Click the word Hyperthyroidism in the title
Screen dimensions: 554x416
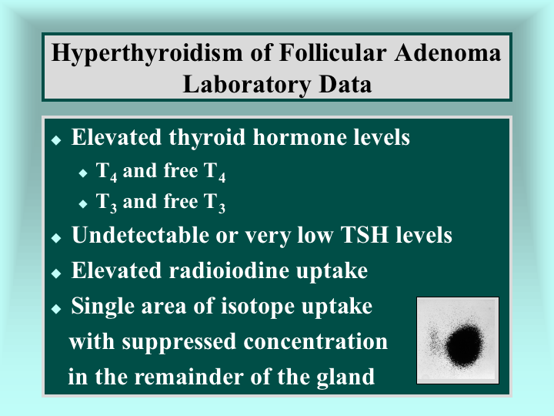click(147, 54)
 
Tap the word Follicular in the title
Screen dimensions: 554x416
click(332, 52)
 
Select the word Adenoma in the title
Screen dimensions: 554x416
click(448, 52)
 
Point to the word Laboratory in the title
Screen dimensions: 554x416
click(247, 86)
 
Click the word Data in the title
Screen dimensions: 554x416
click(345, 84)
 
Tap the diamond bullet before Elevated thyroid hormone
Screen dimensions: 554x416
click(56, 140)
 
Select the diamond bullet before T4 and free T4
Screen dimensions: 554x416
click(83, 173)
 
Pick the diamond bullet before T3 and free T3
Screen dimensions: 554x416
click(83, 203)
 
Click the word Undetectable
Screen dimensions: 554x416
click(141, 235)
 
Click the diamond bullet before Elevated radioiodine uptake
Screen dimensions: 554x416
click(56, 273)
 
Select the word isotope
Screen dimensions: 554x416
click(258, 307)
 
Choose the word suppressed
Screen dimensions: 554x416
click(179, 343)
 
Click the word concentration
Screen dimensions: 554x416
click(315, 342)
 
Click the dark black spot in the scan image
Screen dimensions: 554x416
click(464, 346)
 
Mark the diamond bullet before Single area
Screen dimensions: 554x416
click(56, 309)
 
